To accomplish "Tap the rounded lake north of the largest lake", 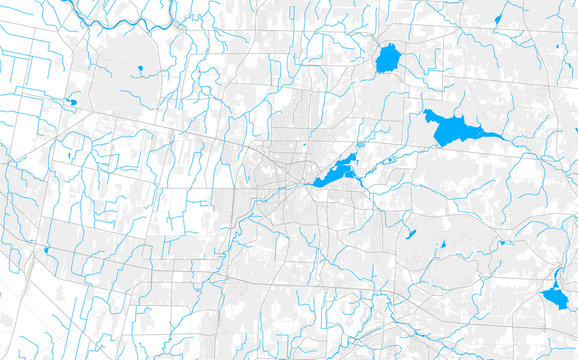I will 388,59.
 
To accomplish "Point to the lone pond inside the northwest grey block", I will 138,69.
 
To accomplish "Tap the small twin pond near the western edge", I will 72,101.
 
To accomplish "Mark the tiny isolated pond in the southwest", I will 47,250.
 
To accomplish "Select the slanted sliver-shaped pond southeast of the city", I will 410,235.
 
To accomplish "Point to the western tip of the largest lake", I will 426,114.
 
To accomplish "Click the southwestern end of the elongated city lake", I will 317,183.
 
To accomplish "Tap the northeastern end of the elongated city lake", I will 354,158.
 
